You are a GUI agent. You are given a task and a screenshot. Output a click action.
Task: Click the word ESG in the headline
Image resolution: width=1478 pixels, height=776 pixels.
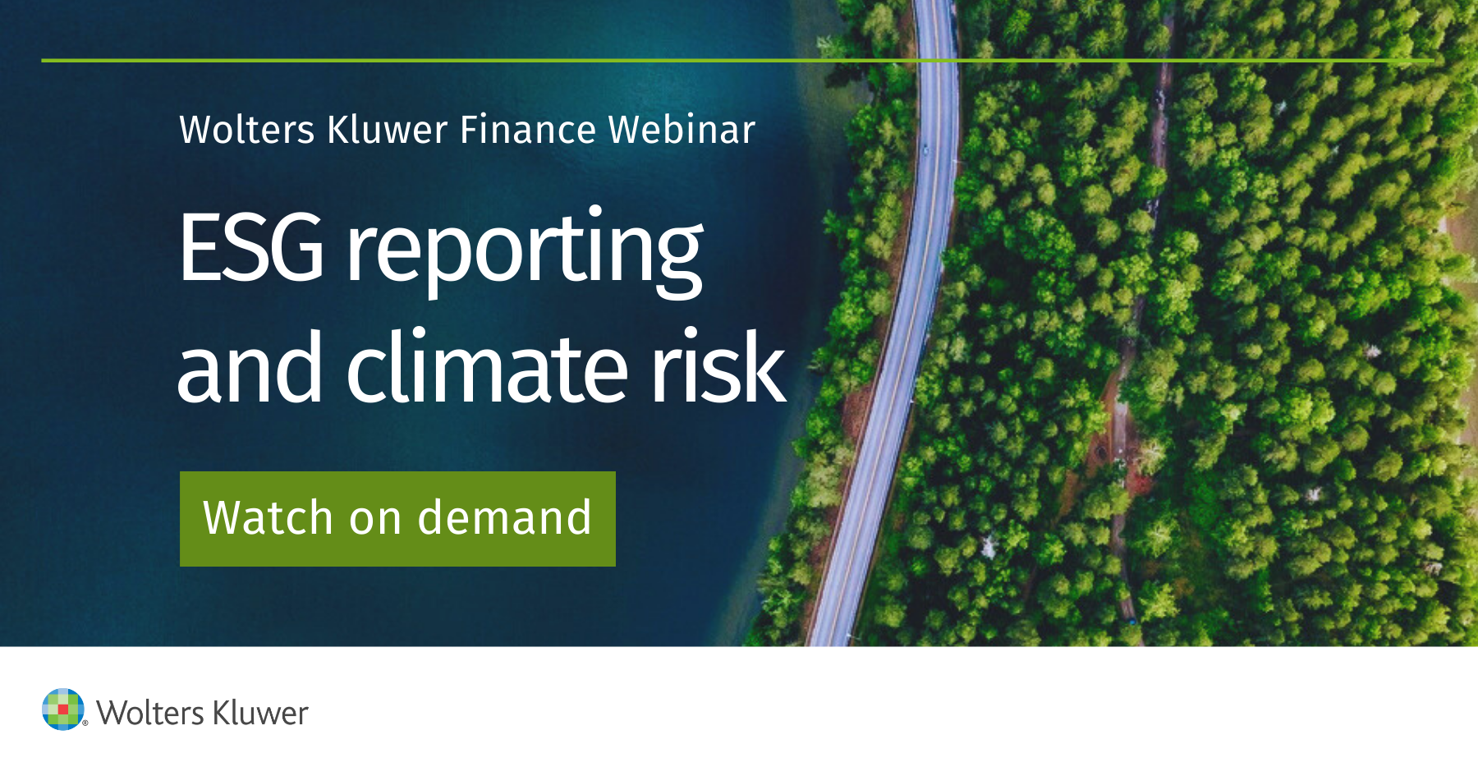point(251,247)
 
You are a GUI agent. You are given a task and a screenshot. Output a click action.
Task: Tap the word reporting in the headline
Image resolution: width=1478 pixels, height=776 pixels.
point(524,250)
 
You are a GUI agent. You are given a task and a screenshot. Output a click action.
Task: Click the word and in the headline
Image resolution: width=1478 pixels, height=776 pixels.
point(250,369)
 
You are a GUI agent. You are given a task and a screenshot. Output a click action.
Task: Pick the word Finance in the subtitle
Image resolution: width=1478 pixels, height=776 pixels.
point(528,130)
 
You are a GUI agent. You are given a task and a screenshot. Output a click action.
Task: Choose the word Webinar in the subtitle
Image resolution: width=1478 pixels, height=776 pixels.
point(682,130)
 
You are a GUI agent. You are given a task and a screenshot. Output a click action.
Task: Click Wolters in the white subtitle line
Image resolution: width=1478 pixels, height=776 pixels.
point(247,130)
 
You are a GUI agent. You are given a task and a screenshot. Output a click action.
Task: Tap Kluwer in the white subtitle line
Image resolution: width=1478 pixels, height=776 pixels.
point(388,130)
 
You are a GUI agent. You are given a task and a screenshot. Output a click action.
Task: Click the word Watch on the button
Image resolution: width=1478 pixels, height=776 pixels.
point(268,518)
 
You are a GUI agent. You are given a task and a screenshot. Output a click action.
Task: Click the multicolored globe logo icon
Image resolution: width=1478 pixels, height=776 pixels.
point(62,709)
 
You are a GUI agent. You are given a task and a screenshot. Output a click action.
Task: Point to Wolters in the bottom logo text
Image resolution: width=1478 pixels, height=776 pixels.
point(150,713)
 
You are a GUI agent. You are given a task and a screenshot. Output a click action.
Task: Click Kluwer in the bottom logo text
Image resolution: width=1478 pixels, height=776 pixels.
point(260,713)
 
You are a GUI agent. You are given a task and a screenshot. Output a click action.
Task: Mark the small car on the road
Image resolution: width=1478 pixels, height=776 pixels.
point(925,149)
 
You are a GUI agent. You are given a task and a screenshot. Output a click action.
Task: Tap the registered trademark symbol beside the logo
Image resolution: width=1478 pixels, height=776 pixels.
point(85,723)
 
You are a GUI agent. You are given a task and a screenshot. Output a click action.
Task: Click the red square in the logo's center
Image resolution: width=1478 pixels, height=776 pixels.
point(63,709)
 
